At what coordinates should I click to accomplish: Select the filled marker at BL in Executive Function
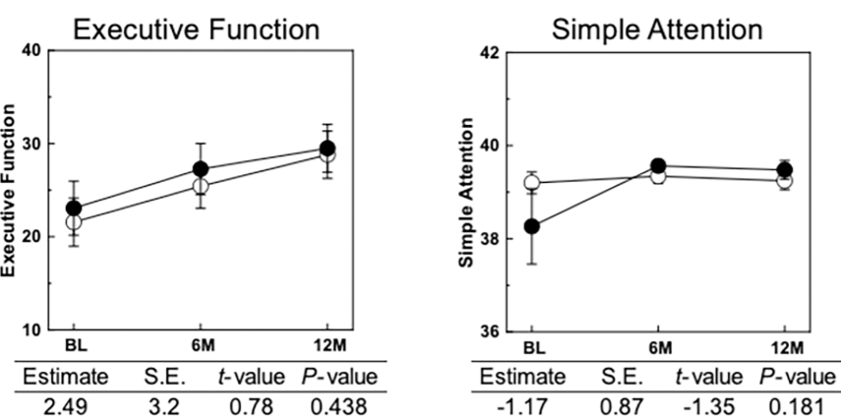pos(74,209)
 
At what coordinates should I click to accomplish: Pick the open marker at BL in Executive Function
pos(74,222)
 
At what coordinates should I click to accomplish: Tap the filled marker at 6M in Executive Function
pos(201,169)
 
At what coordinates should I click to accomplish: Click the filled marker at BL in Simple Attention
pos(532,226)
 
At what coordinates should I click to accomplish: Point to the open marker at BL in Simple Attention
pos(532,182)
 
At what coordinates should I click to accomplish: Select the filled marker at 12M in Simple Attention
pos(785,170)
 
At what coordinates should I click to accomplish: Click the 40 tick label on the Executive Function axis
pos(30,50)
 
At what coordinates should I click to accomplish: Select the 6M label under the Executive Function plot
pos(201,348)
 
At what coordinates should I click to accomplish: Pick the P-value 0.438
pos(333,404)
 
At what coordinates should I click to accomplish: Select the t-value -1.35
pos(704,404)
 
